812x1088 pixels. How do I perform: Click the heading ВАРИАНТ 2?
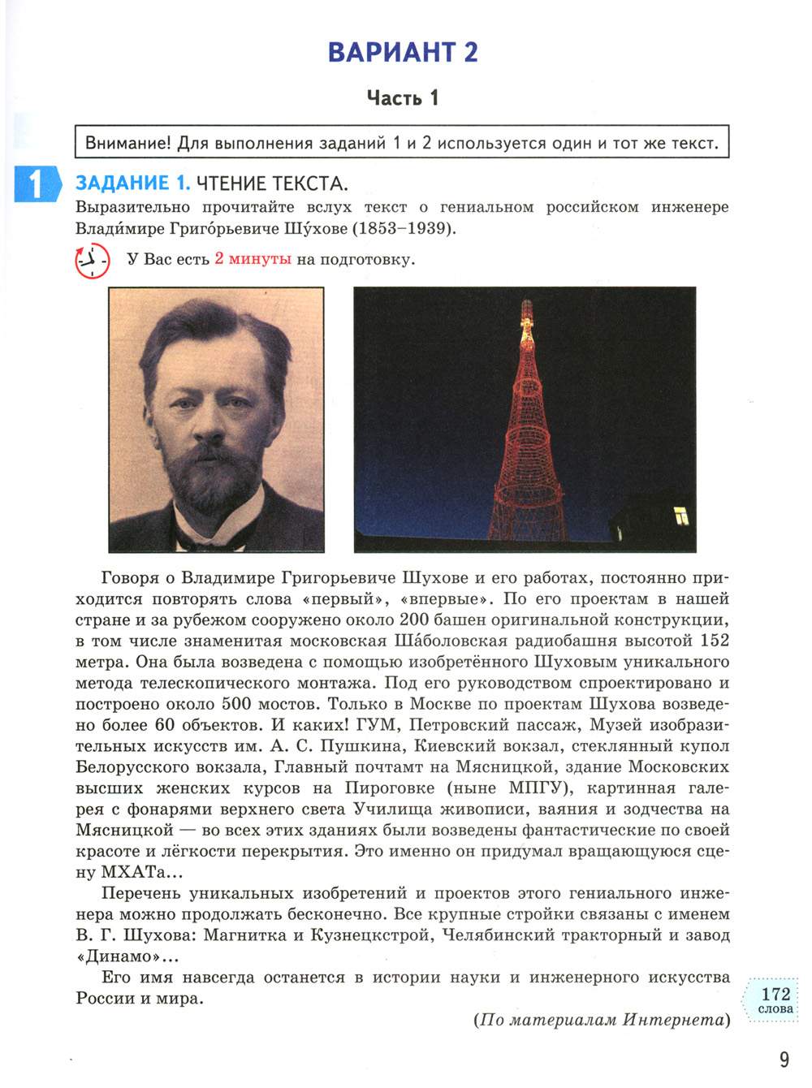tap(403, 52)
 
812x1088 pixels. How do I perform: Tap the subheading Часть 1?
tap(403, 98)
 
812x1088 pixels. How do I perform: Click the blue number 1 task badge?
tap(36, 184)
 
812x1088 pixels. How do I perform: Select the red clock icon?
tap(92, 261)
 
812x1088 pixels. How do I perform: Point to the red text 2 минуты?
tap(253, 259)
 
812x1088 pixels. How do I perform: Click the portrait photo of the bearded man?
tap(216, 419)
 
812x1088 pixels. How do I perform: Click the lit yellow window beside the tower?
tap(680, 516)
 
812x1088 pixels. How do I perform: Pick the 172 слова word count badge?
tap(775, 1000)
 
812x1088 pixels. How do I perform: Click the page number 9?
tap(784, 1060)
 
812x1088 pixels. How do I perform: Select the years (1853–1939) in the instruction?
tap(404, 228)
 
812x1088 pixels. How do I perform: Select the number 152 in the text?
tap(715, 641)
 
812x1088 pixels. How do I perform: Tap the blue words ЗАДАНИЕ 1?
tap(132, 183)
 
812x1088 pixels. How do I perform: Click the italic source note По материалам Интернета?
tap(602, 1020)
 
